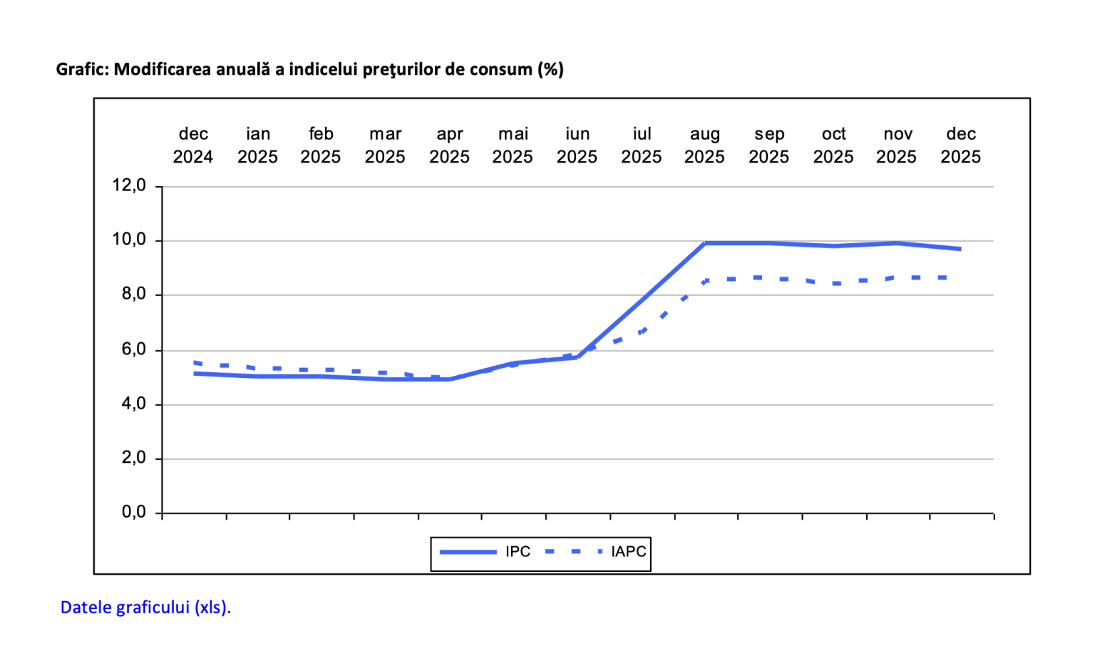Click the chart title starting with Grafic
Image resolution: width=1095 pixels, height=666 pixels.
(309, 69)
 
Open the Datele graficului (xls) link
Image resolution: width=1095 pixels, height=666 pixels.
(145, 608)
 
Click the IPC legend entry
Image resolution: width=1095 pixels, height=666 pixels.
(485, 552)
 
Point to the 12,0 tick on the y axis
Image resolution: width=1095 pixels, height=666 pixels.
(129, 185)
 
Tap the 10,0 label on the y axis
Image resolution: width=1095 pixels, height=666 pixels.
(129, 240)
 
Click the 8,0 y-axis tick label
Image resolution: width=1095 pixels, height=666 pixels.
(133, 294)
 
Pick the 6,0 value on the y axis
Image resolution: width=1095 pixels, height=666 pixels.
(133, 349)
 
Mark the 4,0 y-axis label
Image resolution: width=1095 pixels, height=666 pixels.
(133, 404)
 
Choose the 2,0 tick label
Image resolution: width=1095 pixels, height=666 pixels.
(133, 458)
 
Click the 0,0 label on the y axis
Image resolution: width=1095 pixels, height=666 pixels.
(133, 512)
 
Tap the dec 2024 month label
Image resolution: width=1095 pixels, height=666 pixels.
(193, 145)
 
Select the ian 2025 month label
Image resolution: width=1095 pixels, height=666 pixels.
(257, 145)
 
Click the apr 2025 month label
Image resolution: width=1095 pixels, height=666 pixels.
(449, 145)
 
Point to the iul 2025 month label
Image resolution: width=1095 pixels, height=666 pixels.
(642, 145)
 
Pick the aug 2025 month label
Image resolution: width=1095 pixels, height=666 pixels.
(704, 145)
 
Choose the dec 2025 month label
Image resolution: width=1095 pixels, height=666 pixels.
(960, 145)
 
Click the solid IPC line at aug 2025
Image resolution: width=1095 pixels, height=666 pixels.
(705, 243)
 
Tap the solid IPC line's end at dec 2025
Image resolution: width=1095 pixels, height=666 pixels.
(960, 249)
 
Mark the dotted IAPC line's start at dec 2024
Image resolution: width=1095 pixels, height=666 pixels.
(195, 362)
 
